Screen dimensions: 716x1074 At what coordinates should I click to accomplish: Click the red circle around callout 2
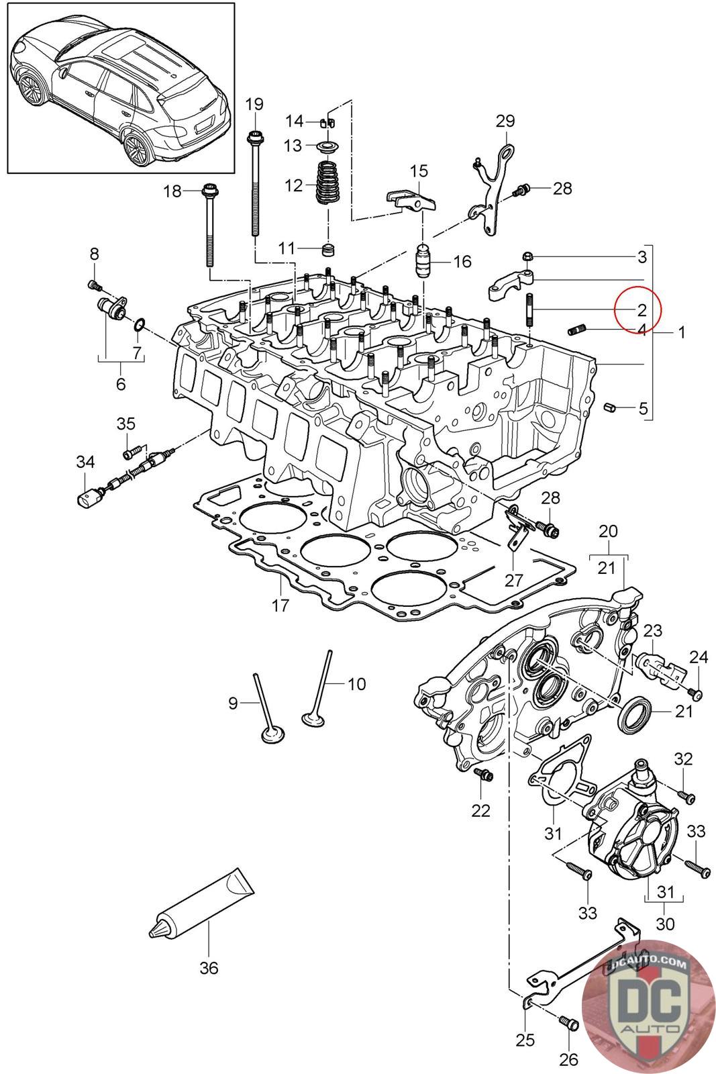tap(638, 309)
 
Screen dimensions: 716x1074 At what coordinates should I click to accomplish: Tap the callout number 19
tap(254, 103)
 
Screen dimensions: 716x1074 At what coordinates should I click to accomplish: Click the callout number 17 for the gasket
tap(280, 605)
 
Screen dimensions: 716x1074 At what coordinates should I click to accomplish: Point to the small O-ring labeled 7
tap(138, 325)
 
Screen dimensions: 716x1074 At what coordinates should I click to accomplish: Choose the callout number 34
tap(85, 462)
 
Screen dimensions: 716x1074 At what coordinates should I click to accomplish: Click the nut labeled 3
tap(526, 257)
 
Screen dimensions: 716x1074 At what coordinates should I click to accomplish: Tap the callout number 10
tap(356, 684)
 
